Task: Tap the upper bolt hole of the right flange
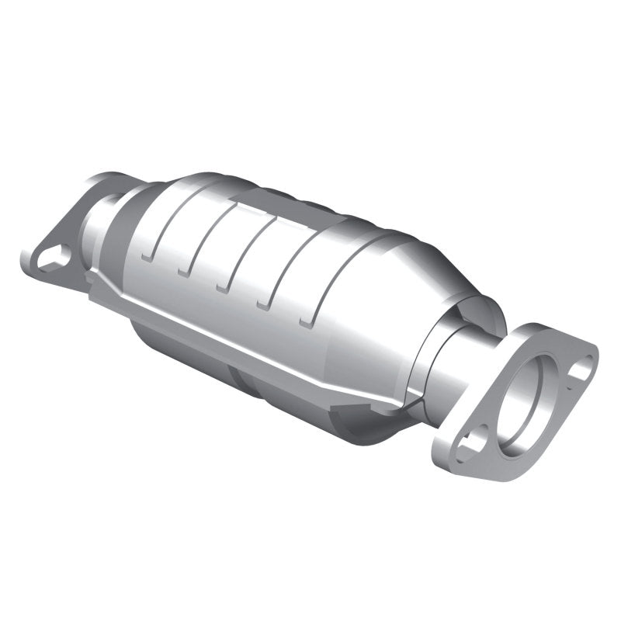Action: [580, 367]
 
